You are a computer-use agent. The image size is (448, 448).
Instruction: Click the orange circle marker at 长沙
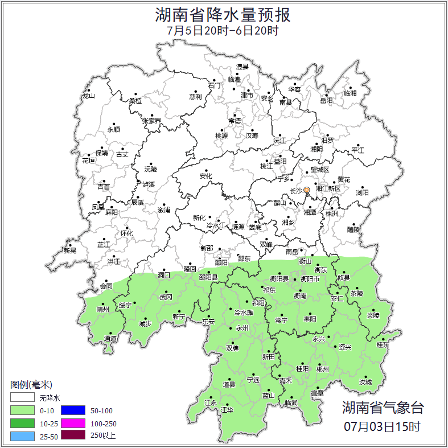coord(307,190)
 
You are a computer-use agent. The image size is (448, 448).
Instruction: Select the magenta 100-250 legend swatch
coord(73,423)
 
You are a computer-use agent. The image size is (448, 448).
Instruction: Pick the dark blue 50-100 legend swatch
coord(73,410)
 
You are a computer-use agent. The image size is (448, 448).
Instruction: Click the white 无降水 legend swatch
coord(22,397)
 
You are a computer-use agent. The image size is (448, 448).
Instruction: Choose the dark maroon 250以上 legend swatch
coord(73,436)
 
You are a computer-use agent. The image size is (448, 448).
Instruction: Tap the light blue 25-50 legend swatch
coord(22,436)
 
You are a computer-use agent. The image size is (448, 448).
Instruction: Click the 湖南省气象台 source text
coord(383,408)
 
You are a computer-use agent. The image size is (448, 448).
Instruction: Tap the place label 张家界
coord(151,121)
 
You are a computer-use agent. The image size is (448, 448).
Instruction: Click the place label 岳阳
coord(326,101)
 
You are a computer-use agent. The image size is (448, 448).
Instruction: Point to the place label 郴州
coord(322,369)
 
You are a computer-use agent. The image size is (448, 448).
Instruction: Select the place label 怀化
coord(126,233)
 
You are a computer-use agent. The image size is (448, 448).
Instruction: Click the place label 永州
coord(243,328)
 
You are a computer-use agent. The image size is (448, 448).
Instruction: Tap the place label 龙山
coord(88,96)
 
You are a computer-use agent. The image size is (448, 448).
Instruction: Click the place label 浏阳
coord(362,193)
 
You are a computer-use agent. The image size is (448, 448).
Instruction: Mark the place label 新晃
coord(69,250)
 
